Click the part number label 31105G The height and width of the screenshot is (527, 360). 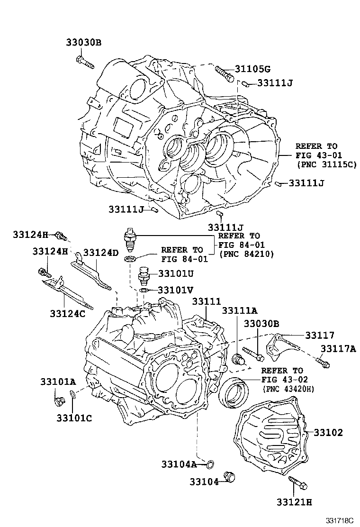pos(253,69)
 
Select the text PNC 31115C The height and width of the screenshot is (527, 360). pos(327,164)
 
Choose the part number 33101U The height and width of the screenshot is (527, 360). pos(175,273)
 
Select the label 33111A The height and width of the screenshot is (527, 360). pos(240,310)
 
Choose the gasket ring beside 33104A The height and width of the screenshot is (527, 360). pos(210,463)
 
